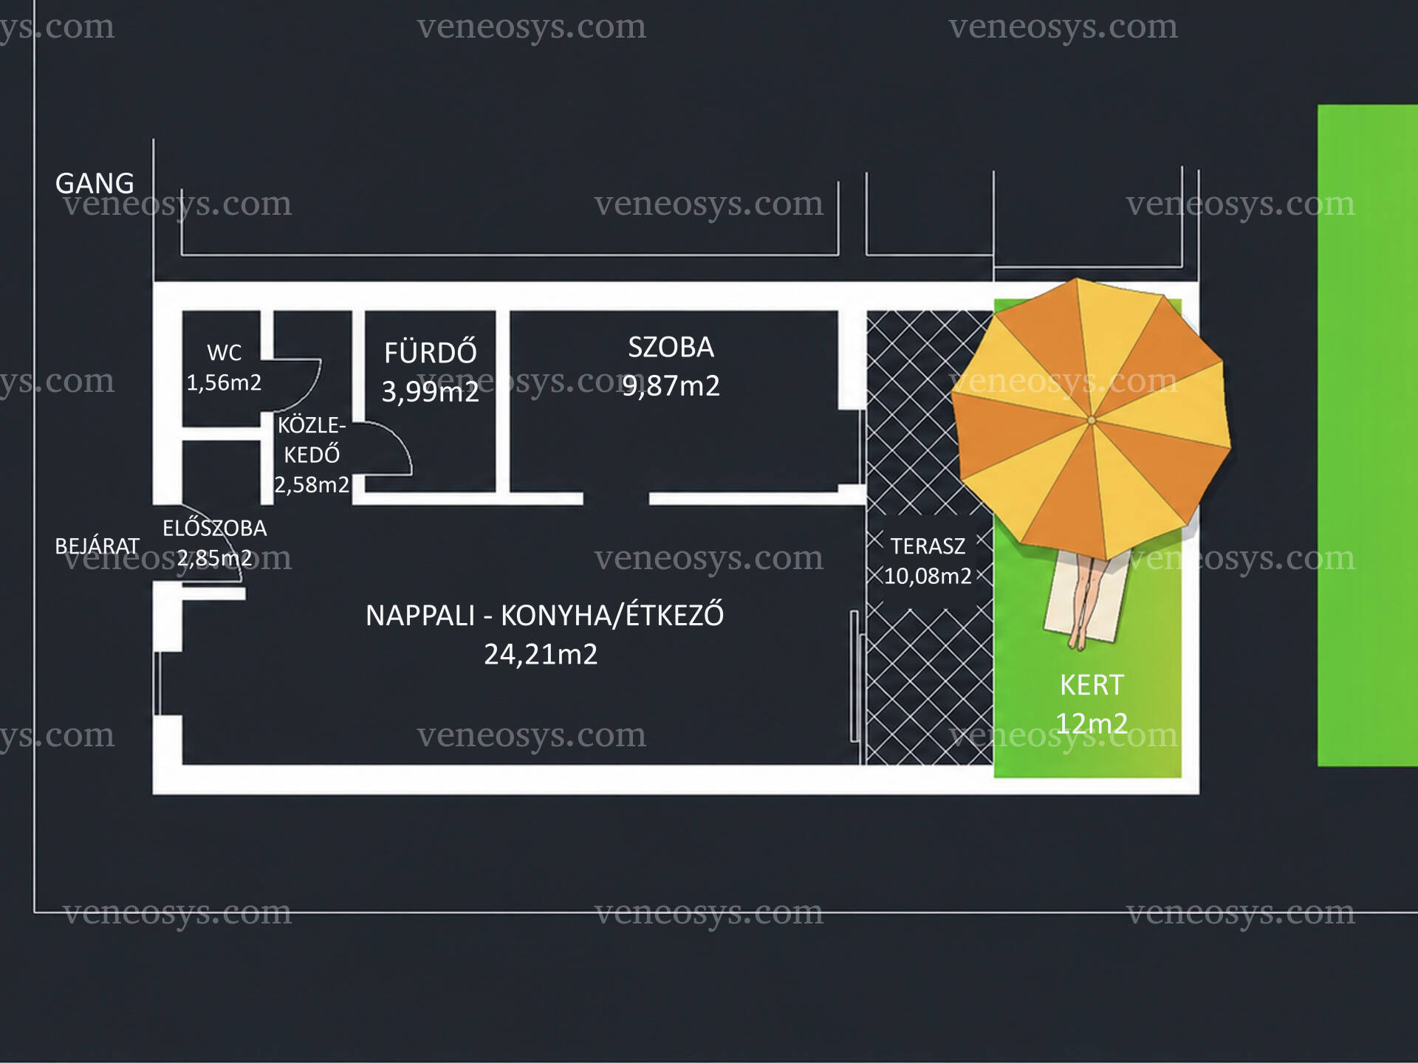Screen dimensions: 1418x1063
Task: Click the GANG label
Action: click(x=95, y=183)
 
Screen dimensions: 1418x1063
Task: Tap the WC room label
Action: click(x=225, y=352)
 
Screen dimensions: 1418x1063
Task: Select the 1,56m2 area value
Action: click(x=224, y=382)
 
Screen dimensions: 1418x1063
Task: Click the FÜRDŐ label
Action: click(x=431, y=351)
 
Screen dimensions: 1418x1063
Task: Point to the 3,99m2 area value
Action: click(x=431, y=391)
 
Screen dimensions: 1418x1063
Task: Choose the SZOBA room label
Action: click(x=671, y=347)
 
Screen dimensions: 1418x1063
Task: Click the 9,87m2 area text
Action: click(x=671, y=386)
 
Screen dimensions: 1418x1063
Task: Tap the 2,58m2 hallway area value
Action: click(x=312, y=485)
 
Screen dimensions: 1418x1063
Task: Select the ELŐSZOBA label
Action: click(x=215, y=528)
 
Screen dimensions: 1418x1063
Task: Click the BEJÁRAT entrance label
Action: click(x=97, y=546)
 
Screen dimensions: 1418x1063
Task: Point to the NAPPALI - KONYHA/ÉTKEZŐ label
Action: click(x=544, y=615)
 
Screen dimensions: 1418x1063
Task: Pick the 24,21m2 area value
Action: click(x=541, y=654)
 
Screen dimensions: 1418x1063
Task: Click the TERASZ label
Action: click(x=928, y=546)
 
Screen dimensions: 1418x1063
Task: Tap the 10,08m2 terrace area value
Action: click(x=928, y=576)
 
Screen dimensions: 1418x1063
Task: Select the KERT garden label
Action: click(x=1092, y=685)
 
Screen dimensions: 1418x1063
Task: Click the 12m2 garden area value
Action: click(x=1092, y=723)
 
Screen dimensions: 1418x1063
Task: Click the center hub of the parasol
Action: click(x=1092, y=420)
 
